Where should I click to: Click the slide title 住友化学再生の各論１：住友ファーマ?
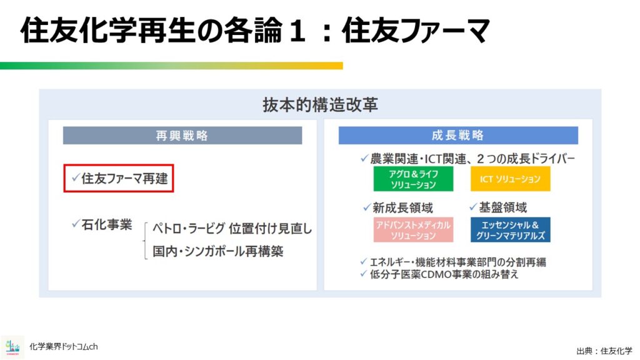pos(255,31)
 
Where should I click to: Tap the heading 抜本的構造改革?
pos(320,105)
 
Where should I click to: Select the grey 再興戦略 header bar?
pos(182,136)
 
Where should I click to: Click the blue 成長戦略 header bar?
pos(458,136)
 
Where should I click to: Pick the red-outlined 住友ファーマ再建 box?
pos(119,178)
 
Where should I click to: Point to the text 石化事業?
pos(106,224)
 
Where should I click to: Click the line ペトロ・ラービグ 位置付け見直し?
pos(232,229)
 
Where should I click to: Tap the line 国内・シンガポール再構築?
pos(217,251)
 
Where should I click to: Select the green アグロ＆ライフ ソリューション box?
pos(413,179)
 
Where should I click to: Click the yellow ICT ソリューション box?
pos(510,179)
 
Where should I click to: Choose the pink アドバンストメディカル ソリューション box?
pos(413,230)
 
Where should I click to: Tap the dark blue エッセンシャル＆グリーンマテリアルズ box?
pos(510,230)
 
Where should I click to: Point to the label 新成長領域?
pos(402,208)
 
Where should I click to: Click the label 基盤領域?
pos(503,207)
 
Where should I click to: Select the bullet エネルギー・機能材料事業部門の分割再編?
pos(457,262)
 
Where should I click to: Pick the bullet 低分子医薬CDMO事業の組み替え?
pos(444,274)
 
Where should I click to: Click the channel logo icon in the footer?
pos(12,347)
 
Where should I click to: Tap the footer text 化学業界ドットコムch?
pos(64,347)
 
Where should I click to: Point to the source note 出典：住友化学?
pos(604,351)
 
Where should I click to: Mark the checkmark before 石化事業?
pos(76,223)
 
